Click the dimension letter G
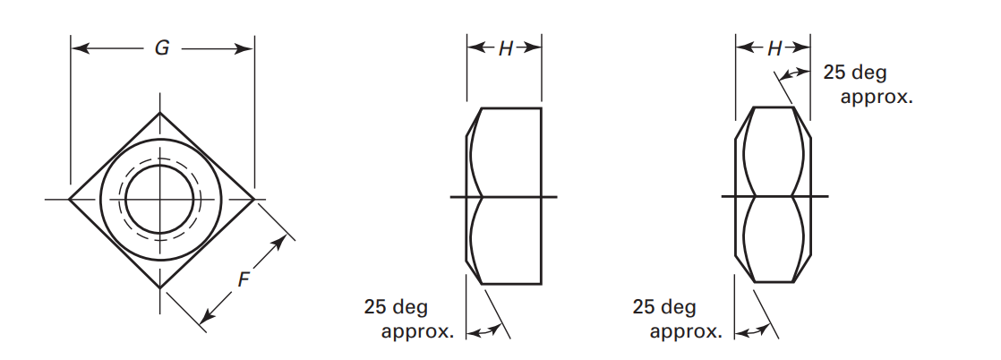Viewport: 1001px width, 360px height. (x=162, y=48)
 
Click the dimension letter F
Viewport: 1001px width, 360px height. (x=244, y=279)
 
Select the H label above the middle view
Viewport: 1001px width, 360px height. (x=505, y=48)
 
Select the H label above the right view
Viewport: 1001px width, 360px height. (x=774, y=48)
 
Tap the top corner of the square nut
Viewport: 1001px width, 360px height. (x=161, y=112)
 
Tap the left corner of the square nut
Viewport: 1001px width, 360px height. (x=70, y=199)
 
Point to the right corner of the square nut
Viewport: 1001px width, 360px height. (x=254, y=199)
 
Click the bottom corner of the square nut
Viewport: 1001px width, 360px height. (x=161, y=287)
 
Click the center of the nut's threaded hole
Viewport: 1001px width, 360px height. (x=160, y=199)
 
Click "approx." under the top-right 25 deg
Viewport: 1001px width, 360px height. (x=877, y=97)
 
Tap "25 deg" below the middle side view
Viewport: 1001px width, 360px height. (x=396, y=308)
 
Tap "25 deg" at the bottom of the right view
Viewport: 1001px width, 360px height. (x=664, y=308)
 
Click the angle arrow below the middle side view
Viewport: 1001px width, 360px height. (x=483, y=331)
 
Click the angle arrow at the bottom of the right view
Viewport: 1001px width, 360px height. (x=752, y=331)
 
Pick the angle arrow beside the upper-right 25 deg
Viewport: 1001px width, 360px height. (x=796, y=73)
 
